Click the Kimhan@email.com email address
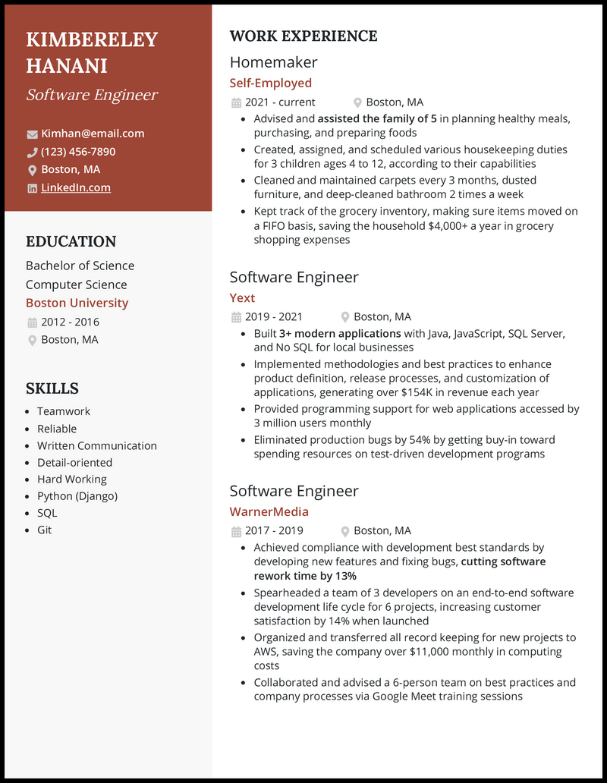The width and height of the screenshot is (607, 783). (x=93, y=134)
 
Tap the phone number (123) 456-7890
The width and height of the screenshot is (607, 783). (x=78, y=152)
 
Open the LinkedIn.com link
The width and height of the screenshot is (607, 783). (x=76, y=187)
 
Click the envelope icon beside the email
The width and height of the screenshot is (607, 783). (x=32, y=134)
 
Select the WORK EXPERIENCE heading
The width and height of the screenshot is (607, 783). (x=303, y=36)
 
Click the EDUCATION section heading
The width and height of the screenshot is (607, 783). (x=71, y=242)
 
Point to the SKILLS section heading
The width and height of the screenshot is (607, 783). (x=52, y=388)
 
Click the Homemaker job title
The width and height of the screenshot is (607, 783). (x=273, y=62)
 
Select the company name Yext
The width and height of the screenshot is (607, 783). (x=242, y=298)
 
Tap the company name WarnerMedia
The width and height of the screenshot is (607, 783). (x=269, y=512)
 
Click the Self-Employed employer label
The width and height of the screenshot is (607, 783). (x=270, y=83)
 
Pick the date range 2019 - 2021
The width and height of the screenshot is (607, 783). (x=273, y=317)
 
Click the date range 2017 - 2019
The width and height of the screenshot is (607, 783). (x=273, y=531)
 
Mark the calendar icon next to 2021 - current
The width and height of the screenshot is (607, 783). (x=236, y=103)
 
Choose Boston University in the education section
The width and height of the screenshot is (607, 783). (x=77, y=303)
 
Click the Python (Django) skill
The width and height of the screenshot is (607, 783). (x=77, y=496)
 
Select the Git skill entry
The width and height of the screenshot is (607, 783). (x=45, y=530)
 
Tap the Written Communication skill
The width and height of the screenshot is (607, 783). (x=97, y=446)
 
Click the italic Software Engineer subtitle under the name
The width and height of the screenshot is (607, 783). (x=92, y=95)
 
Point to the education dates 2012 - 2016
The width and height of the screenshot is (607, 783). (x=70, y=322)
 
